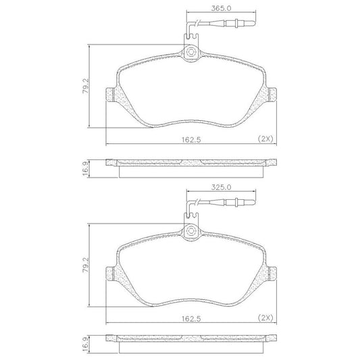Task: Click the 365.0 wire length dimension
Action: coord(221,8)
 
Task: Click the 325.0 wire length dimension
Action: coord(221,187)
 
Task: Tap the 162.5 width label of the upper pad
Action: coord(191,140)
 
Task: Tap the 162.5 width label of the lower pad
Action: coord(191,319)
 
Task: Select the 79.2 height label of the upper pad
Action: coord(86,86)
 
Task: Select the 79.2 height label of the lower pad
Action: coord(86,265)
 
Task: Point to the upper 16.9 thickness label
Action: coord(86,169)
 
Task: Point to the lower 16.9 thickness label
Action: coord(86,348)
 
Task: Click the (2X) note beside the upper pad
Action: coord(265,139)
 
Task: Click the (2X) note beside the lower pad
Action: coord(265,318)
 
